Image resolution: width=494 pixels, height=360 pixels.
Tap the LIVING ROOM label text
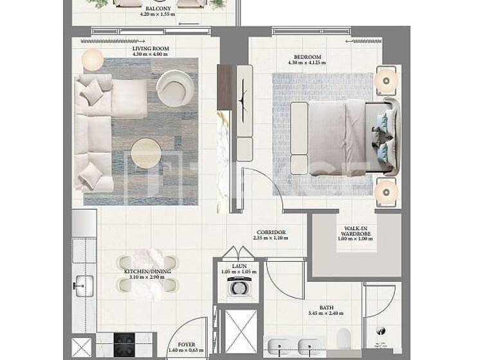(x=151, y=49)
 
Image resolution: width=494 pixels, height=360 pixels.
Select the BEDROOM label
(x=308, y=57)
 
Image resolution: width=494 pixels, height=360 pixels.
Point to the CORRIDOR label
(x=271, y=233)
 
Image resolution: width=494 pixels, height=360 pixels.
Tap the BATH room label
(x=326, y=308)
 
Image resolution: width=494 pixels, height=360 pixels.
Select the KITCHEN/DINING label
(x=147, y=272)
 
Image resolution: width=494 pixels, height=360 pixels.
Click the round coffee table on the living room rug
(x=146, y=154)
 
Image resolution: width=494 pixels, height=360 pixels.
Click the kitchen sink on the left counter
(x=84, y=283)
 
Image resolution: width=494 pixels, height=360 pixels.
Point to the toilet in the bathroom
(x=344, y=337)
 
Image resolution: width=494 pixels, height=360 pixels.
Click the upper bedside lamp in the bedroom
(x=386, y=81)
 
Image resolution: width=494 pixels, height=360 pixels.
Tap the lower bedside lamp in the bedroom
(x=386, y=190)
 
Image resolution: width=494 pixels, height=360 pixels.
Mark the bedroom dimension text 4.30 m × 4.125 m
(x=308, y=63)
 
